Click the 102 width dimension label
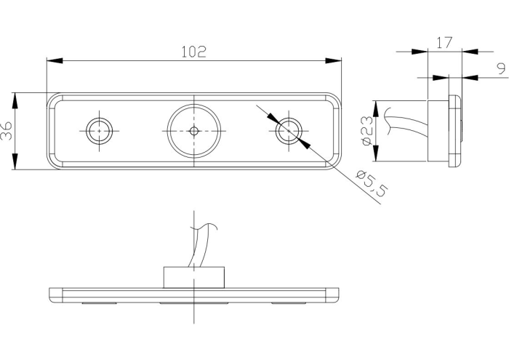[193, 52]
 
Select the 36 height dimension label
[7, 130]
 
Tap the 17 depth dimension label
[444, 42]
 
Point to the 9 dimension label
[501, 69]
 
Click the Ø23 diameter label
[367, 131]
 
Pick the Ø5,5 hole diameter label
[372, 183]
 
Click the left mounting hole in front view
[100, 131]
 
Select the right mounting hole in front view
[289, 131]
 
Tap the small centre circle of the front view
[194, 131]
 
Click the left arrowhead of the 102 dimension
[55, 60]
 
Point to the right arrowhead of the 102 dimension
[334, 60]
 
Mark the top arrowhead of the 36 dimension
[15, 100]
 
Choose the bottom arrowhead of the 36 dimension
[15, 161]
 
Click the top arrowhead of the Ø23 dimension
[376, 108]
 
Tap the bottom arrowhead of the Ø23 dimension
[376, 153]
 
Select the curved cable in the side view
[407, 122]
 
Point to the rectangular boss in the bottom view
[194, 278]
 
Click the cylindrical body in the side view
[438, 131]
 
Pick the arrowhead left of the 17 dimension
[420, 52]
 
